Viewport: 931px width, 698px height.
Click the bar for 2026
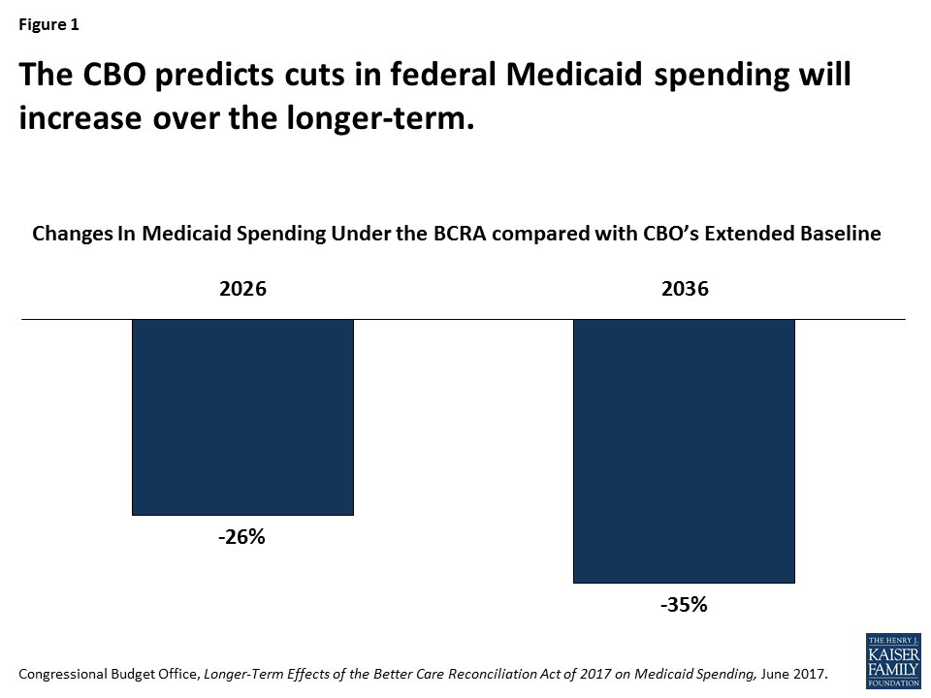tap(242, 417)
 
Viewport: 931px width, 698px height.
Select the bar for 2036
tap(684, 451)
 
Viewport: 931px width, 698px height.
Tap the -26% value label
tap(241, 537)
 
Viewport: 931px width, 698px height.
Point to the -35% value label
tap(684, 605)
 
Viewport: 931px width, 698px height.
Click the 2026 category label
tap(241, 289)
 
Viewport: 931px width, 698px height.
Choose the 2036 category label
tap(684, 289)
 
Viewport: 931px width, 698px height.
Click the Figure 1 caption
tap(48, 25)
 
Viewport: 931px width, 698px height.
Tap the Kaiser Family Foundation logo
tap(892, 660)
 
